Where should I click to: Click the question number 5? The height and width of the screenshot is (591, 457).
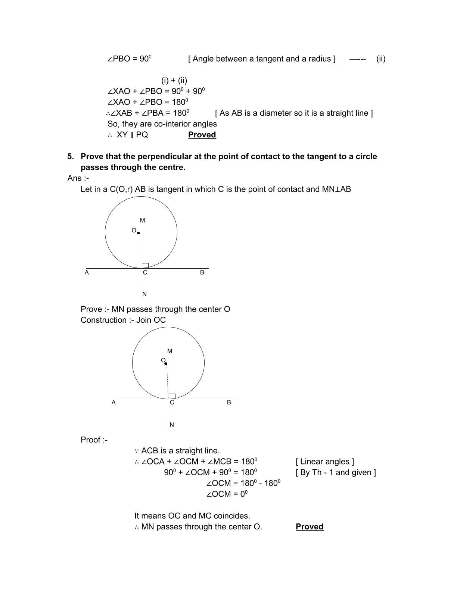(70, 157)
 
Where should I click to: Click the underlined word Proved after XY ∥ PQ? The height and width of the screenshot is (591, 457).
(202, 135)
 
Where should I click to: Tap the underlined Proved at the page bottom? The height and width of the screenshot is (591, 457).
(309, 526)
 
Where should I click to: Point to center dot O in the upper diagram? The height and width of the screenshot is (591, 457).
(139, 233)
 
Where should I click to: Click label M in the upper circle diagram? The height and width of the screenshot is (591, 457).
(142, 221)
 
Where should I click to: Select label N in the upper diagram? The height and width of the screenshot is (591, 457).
(144, 294)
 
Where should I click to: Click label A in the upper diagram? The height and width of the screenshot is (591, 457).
(87, 272)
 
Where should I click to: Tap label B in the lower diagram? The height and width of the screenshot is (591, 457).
(229, 403)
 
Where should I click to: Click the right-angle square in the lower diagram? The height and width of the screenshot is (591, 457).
(172, 396)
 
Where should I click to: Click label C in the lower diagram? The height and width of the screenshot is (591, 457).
(172, 403)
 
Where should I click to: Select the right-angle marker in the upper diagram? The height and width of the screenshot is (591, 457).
(145, 266)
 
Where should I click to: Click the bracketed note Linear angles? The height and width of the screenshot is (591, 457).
(325, 462)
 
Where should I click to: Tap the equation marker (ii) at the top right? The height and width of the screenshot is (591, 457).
(381, 59)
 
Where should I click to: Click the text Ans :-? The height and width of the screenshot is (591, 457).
(78, 178)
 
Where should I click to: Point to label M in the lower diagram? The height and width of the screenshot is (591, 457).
(170, 351)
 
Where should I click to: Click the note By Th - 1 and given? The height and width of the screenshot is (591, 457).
(336, 472)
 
